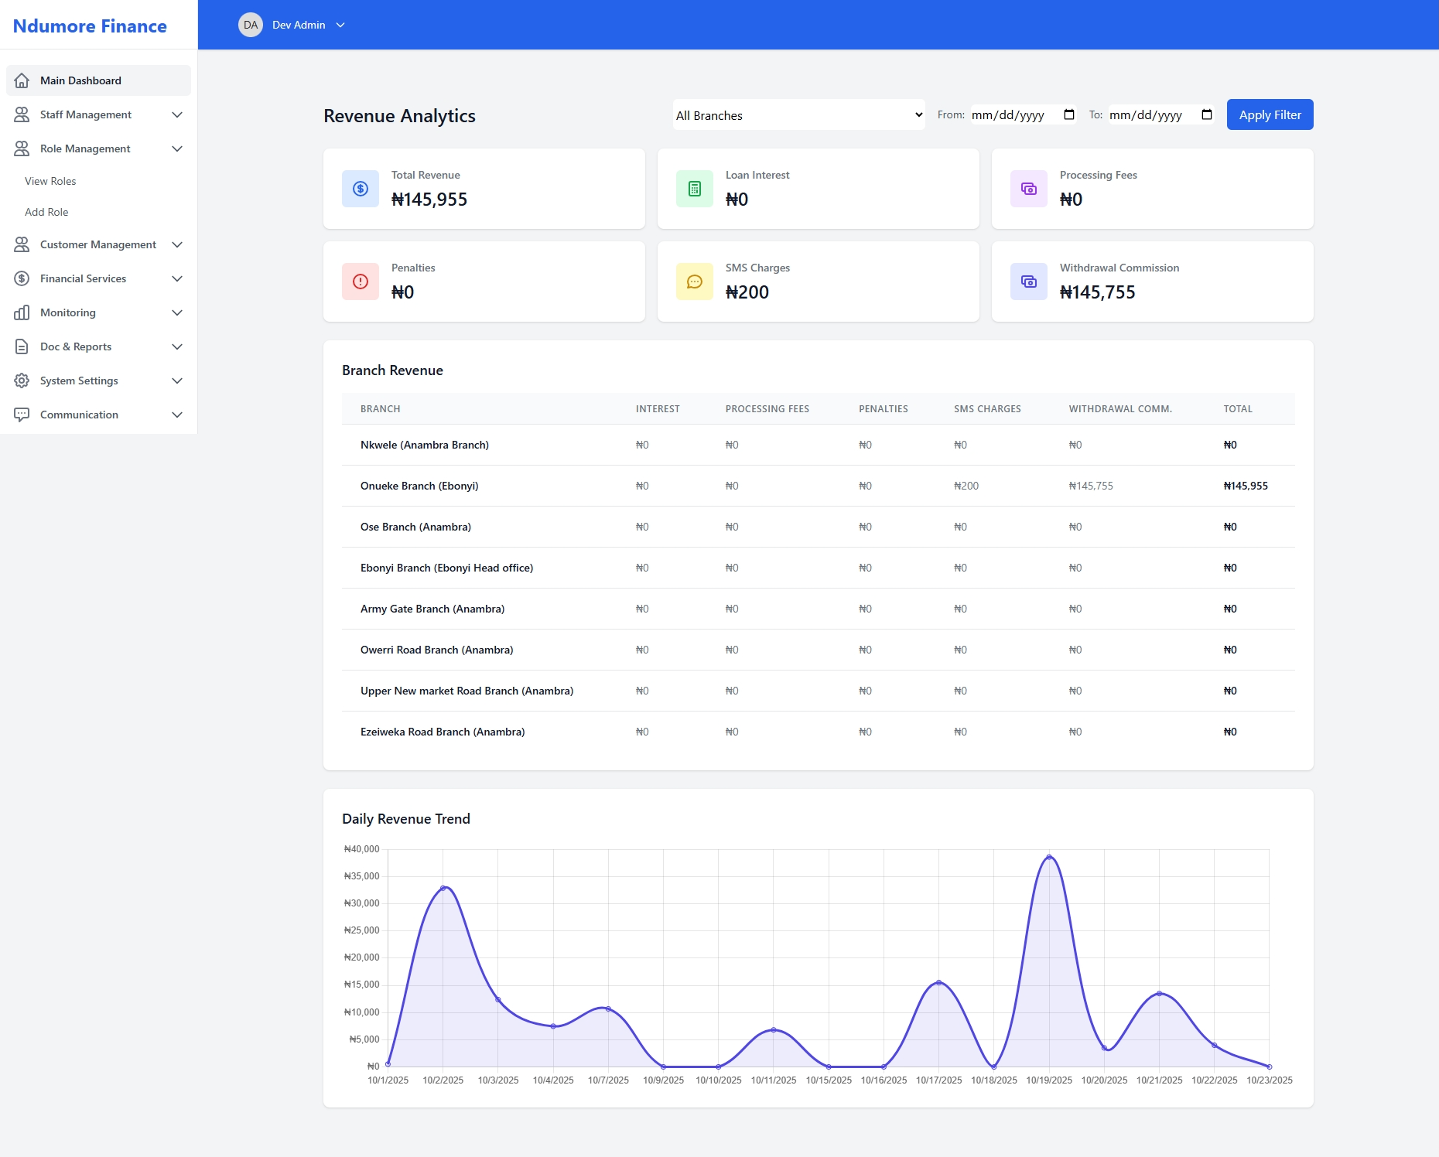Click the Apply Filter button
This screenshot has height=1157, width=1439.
[1270, 114]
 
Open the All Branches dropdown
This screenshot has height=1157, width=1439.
[798, 115]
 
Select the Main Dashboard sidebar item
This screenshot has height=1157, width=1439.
[80, 80]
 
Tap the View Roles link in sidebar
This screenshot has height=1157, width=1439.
[50, 181]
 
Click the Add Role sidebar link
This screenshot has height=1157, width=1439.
[46, 212]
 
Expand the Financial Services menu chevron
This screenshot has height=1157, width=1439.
[177, 278]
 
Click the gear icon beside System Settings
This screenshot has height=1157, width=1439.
[22, 381]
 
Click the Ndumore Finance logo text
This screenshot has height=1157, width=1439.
[90, 26]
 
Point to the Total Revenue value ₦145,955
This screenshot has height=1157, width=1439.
[429, 200]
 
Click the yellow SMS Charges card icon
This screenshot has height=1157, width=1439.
[695, 282]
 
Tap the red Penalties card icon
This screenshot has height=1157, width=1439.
[361, 282]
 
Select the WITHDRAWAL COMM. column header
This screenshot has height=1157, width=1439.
[1120, 408]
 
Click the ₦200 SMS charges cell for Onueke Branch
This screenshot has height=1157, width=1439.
[966, 486]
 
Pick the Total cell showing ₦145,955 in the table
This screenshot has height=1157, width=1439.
[1246, 486]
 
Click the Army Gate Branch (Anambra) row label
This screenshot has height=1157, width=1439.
[432, 609]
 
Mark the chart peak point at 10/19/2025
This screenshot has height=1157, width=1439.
[1049, 857]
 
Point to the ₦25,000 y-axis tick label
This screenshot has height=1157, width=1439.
[361, 930]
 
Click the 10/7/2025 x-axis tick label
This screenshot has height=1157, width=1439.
[608, 1080]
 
